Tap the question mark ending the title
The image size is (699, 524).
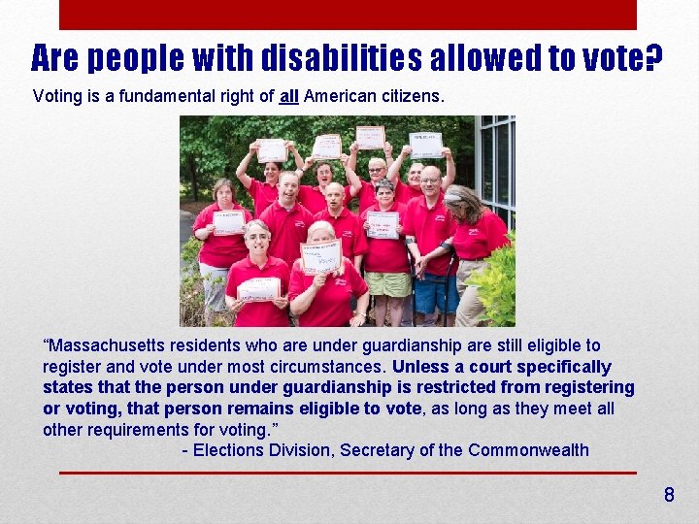coord(654,60)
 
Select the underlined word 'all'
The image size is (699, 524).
coord(289,97)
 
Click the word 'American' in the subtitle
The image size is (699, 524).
coord(338,97)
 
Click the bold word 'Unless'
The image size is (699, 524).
coord(419,367)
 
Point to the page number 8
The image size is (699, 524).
coord(668,496)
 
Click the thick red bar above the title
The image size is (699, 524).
coord(348,15)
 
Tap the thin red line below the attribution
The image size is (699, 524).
coord(348,473)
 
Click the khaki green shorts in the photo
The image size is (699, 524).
coord(387,284)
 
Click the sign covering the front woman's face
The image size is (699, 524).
coord(320,257)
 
